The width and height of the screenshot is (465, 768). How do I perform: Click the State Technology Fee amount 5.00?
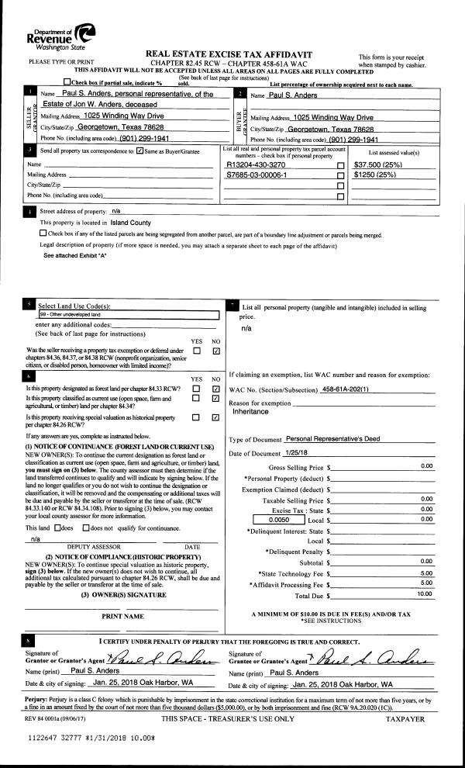click(x=426, y=573)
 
